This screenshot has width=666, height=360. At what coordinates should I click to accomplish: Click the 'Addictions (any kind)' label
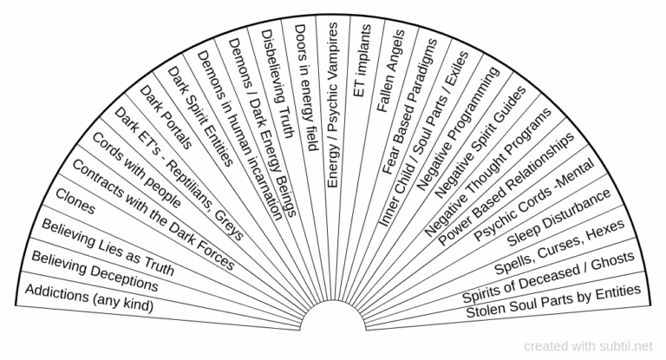[x=89, y=298]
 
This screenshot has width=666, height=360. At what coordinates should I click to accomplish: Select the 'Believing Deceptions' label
[x=95, y=272]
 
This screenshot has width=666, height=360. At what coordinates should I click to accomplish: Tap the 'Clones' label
[x=75, y=201]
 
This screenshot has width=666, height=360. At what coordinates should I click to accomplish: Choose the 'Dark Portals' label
[x=166, y=117]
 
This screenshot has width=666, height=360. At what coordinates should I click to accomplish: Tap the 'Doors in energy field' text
[x=306, y=88]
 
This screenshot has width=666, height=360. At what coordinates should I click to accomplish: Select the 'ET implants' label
[x=362, y=61]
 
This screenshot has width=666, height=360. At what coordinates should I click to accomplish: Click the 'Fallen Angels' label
[x=391, y=71]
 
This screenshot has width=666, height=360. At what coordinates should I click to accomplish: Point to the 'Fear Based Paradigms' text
[x=409, y=107]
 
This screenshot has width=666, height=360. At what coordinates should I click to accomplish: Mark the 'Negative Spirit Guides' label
[x=480, y=142]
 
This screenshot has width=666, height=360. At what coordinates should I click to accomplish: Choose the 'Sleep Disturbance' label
[x=559, y=218]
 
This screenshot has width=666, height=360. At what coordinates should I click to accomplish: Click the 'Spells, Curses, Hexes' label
[x=559, y=247]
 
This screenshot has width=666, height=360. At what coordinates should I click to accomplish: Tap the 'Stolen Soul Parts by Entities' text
[x=553, y=301]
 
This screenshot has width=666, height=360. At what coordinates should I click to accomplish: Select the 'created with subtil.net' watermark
[x=588, y=346]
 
